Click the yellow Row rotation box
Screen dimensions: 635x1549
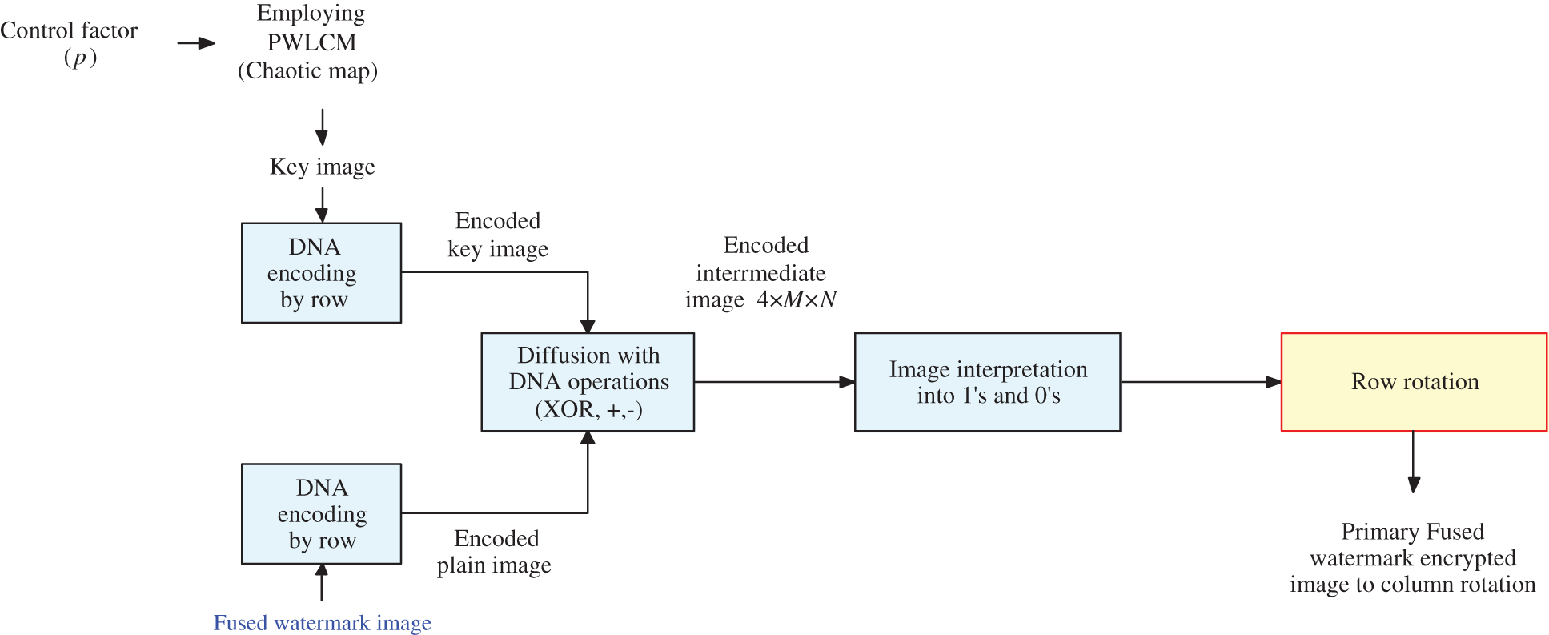point(1414,382)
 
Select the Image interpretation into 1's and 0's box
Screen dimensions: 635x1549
point(987,382)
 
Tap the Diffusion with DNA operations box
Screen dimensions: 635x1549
point(588,382)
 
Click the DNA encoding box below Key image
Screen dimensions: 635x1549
point(321,273)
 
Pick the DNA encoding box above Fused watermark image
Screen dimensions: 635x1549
point(321,513)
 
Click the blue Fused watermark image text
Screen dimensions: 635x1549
point(322,623)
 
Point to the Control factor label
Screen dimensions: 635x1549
point(69,30)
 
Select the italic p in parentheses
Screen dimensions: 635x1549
point(79,58)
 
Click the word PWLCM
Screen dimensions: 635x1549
point(311,42)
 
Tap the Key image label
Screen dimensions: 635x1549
point(322,167)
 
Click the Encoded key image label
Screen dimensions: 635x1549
point(498,235)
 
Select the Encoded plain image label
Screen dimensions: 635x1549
point(495,552)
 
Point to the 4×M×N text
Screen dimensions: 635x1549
point(797,300)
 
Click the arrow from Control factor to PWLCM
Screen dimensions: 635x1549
point(196,43)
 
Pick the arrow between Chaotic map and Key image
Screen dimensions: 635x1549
point(322,127)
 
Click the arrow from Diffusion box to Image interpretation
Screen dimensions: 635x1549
point(773,382)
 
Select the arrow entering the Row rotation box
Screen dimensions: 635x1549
point(1201,382)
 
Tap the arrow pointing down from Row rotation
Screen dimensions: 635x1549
point(1414,462)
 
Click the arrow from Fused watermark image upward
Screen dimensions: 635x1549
point(322,582)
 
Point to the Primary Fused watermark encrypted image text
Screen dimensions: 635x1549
point(1412,558)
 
